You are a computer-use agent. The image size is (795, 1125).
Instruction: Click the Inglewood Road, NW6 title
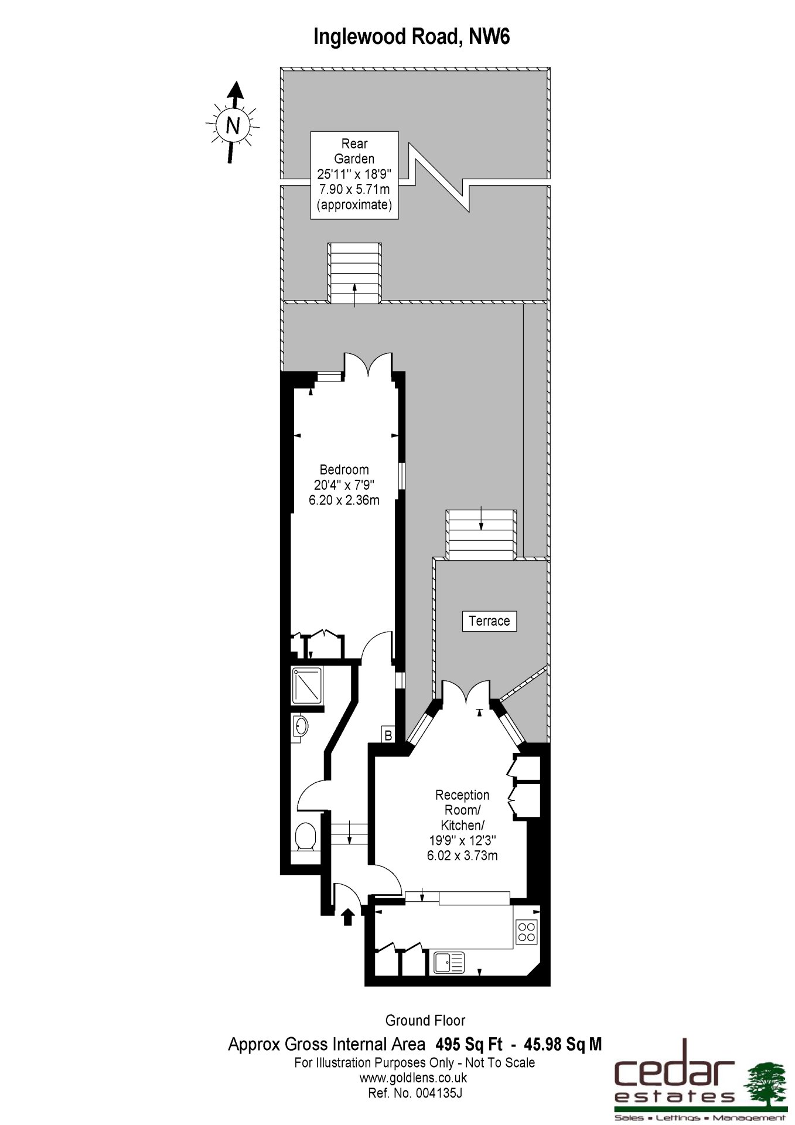click(x=412, y=37)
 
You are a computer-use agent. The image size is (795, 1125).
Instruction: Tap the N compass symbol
click(x=233, y=124)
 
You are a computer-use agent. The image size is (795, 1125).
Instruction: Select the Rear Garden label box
click(x=354, y=175)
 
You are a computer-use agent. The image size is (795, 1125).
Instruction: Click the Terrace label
click(x=489, y=621)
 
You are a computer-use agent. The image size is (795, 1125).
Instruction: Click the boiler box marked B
click(x=388, y=734)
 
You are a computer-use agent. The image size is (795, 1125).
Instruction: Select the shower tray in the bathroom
click(x=308, y=685)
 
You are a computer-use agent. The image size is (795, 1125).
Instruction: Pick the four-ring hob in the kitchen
click(x=527, y=932)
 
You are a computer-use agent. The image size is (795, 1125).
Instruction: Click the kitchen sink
click(x=449, y=963)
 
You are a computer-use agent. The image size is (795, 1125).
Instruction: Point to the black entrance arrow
click(x=347, y=916)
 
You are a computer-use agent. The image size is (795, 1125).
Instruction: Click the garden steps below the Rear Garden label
click(x=354, y=273)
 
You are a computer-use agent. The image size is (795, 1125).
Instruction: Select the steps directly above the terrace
click(x=482, y=534)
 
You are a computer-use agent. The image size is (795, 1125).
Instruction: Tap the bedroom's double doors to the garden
click(x=368, y=363)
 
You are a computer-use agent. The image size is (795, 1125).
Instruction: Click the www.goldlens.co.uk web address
click(x=413, y=1078)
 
